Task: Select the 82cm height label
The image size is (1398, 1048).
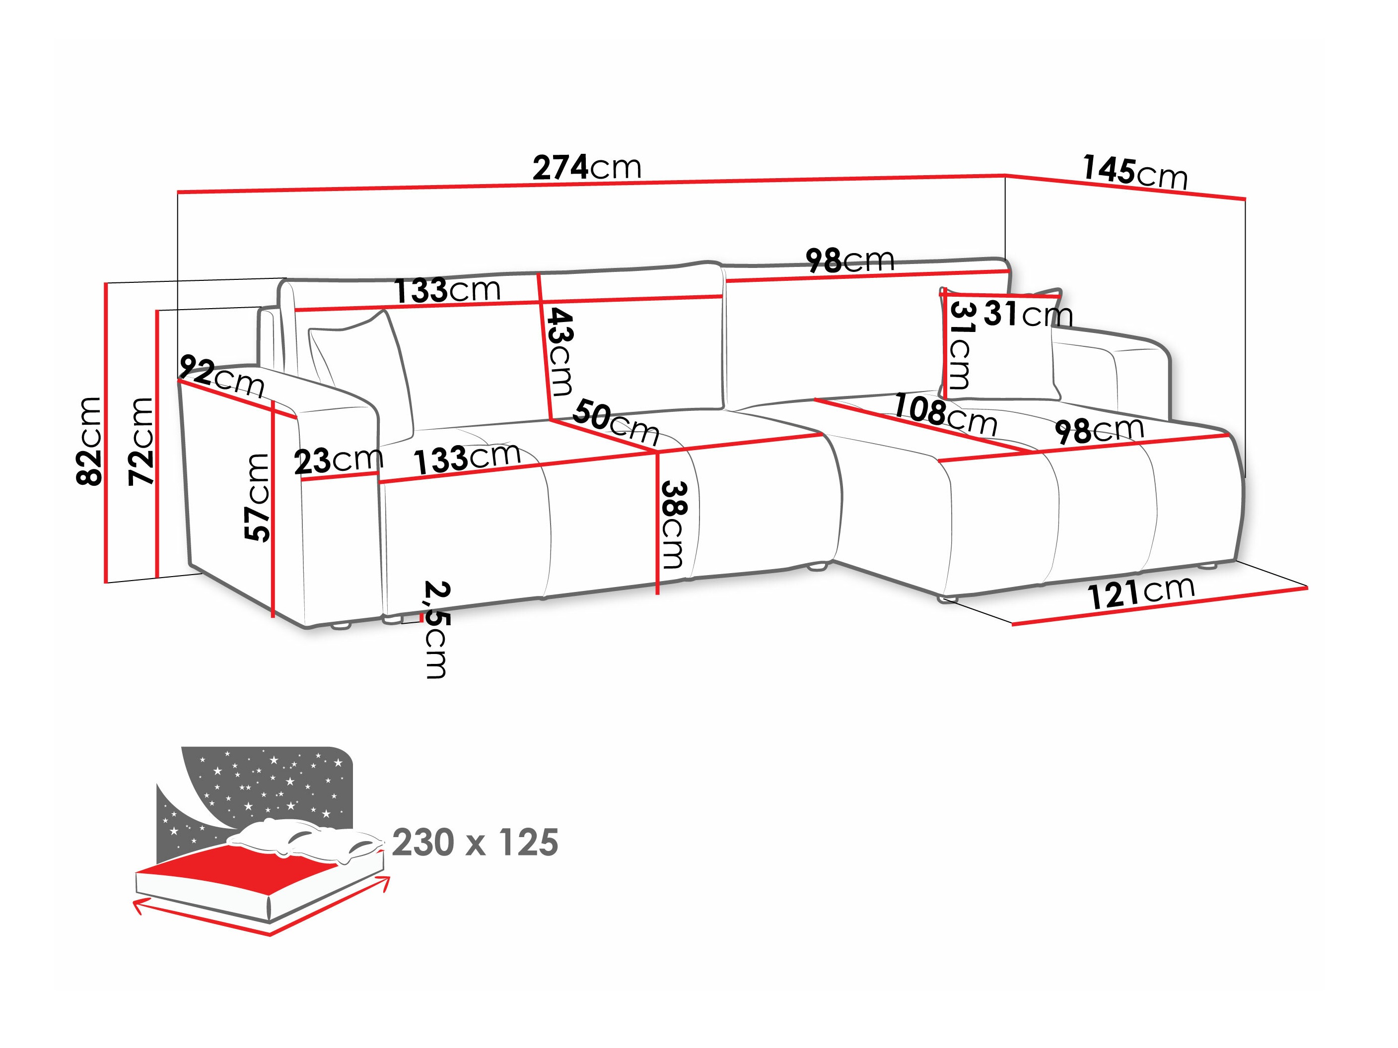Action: point(89,441)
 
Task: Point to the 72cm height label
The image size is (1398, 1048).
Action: point(141,441)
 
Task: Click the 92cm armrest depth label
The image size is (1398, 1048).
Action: point(221,377)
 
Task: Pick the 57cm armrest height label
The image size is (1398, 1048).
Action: point(257,497)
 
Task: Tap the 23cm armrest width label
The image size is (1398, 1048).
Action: point(338,460)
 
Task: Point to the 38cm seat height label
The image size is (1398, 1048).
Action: point(672,524)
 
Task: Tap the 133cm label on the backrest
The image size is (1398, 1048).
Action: point(447,291)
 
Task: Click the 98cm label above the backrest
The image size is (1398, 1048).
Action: point(850,260)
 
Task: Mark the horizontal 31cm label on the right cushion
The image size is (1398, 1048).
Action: point(1028,314)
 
